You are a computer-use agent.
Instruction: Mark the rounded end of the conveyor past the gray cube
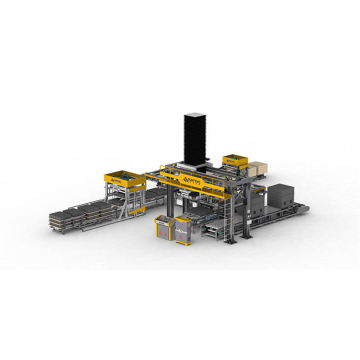click(305, 210)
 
